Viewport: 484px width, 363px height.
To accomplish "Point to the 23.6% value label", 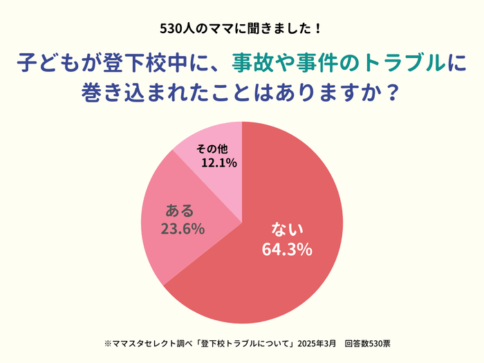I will point(182,229).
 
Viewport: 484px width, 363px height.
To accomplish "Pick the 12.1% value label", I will point(219,163).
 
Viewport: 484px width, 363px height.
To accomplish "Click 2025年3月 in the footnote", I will point(317,344).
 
